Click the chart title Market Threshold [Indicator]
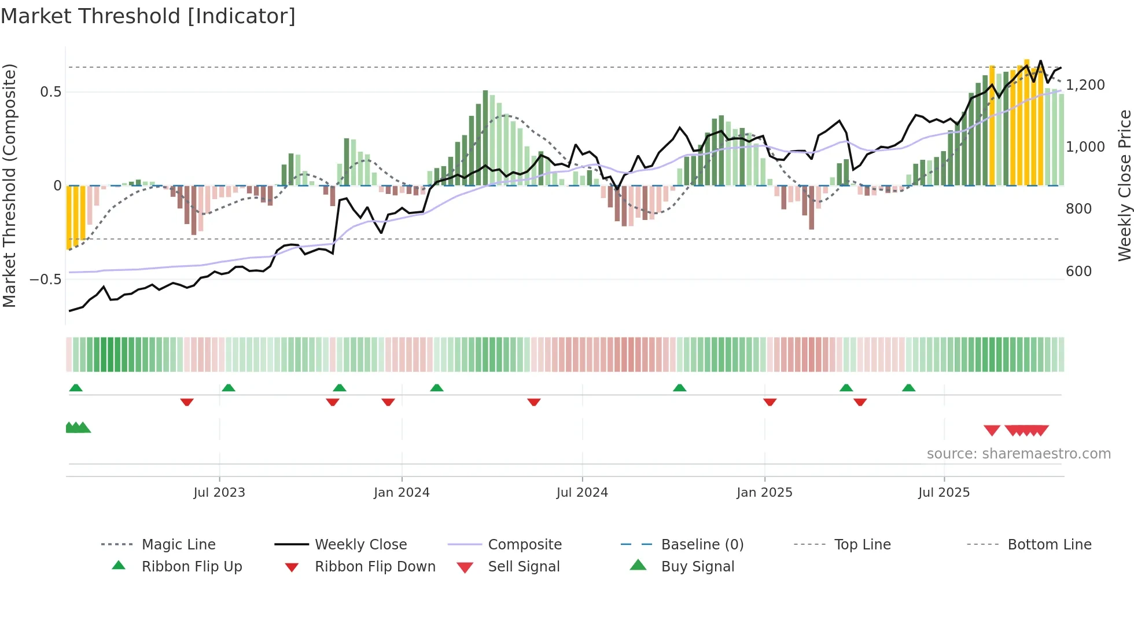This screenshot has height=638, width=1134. pos(148,16)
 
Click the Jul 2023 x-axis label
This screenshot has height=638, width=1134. pos(219,492)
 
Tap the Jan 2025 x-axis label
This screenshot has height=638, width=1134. pos(764,492)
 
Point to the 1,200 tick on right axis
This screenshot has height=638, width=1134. pos(1085,85)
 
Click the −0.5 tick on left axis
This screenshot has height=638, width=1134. pos(45,279)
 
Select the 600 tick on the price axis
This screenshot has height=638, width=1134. pos(1078,271)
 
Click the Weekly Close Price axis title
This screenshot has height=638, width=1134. pos(1124,185)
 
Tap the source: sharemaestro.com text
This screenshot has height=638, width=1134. pos(1018,453)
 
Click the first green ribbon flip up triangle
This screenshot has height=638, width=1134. pos(76,388)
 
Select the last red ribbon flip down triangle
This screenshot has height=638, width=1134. pos(860,402)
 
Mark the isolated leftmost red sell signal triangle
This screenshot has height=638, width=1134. pos(992,430)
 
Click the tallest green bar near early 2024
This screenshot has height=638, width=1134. pos(485,138)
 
